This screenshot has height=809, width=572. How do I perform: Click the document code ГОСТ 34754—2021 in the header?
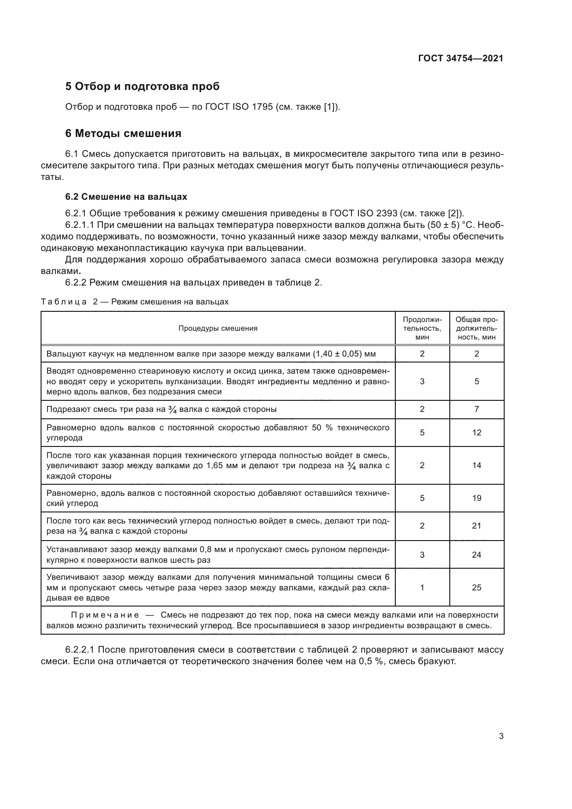click(460, 58)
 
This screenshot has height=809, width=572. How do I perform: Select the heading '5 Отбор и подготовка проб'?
click(143, 86)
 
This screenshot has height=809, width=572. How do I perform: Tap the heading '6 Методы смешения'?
click(123, 133)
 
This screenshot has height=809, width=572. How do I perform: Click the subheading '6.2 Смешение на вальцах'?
click(126, 196)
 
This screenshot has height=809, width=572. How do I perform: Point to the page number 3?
click(501, 736)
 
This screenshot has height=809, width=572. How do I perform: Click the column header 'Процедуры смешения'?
click(218, 328)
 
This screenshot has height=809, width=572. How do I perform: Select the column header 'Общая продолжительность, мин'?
click(477, 328)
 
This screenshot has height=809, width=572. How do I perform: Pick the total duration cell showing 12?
click(477, 433)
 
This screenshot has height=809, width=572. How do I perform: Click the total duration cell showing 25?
click(477, 587)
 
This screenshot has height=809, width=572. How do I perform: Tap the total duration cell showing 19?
click(477, 498)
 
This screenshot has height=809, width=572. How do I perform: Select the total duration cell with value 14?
click(477, 465)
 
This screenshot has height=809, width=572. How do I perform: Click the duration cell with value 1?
click(422, 587)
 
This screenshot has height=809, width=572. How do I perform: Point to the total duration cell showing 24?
click(477, 554)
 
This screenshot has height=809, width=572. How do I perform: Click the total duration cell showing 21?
click(477, 526)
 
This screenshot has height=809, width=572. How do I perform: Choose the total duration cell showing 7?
click(477, 409)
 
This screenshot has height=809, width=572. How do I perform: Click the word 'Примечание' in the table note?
click(105, 615)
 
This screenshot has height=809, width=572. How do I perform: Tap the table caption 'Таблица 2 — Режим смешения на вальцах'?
click(135, 302)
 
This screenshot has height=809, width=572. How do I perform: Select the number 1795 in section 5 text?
click(262, 107)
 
